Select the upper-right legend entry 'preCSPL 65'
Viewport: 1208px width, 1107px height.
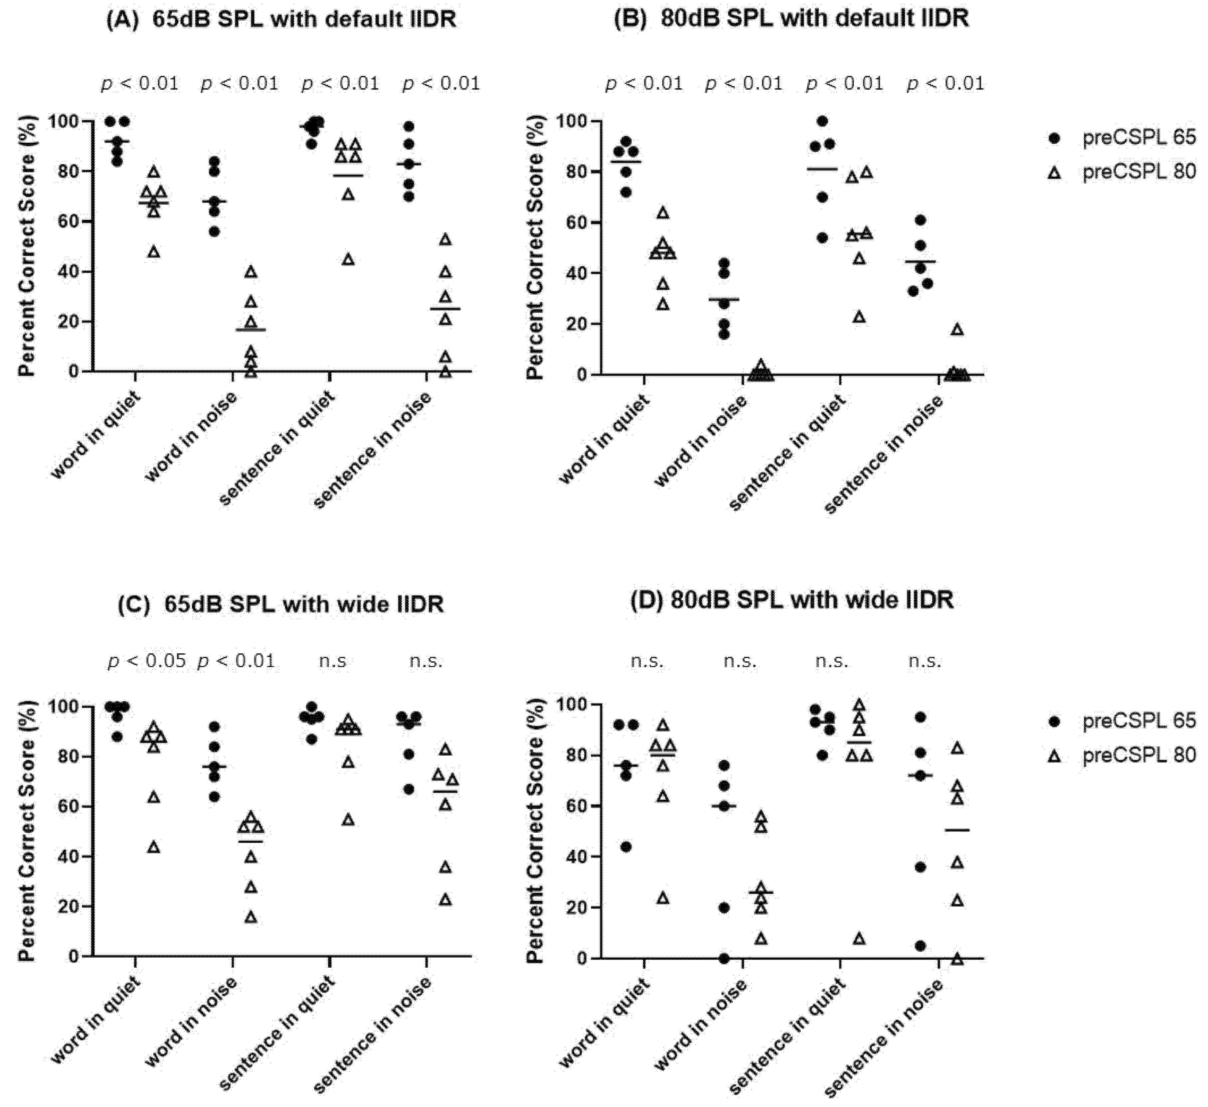tap(1138, 137)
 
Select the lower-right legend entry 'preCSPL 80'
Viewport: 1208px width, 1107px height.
tap(1138, 756)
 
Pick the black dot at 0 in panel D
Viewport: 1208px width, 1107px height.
tap(724, 958)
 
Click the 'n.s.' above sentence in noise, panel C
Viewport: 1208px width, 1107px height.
tap(426, 661)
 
